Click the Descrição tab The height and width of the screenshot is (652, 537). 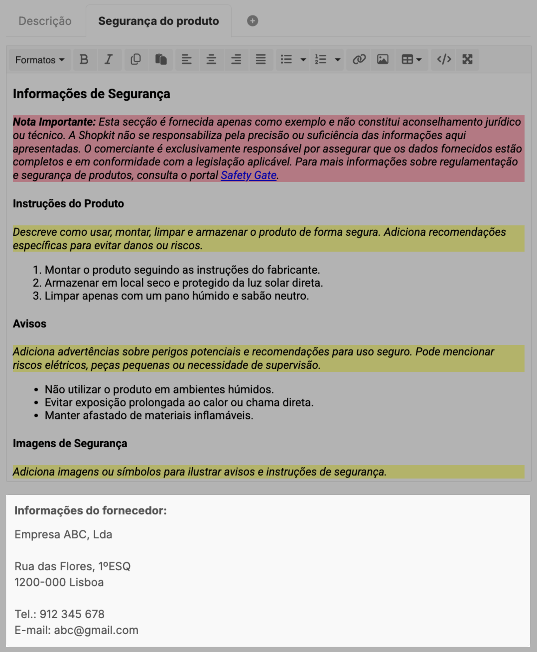45,21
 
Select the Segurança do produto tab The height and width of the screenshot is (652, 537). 158,21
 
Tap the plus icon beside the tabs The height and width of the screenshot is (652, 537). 252,21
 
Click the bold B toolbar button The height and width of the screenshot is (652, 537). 84,59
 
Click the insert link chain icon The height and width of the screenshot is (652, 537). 359,59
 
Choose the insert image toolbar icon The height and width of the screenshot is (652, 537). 383,59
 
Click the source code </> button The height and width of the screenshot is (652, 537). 444,59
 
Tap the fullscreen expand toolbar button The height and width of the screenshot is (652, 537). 467,59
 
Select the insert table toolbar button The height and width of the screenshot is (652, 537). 411,59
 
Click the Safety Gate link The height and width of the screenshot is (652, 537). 248,176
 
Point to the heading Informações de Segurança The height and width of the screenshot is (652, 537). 91,94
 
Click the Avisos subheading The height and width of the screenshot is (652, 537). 29,324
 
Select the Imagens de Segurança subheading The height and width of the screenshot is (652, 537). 70,443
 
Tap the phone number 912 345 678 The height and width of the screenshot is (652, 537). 72,614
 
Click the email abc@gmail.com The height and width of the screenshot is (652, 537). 96,630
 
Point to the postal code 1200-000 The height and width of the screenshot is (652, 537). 40,582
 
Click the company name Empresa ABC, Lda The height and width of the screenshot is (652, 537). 63,534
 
